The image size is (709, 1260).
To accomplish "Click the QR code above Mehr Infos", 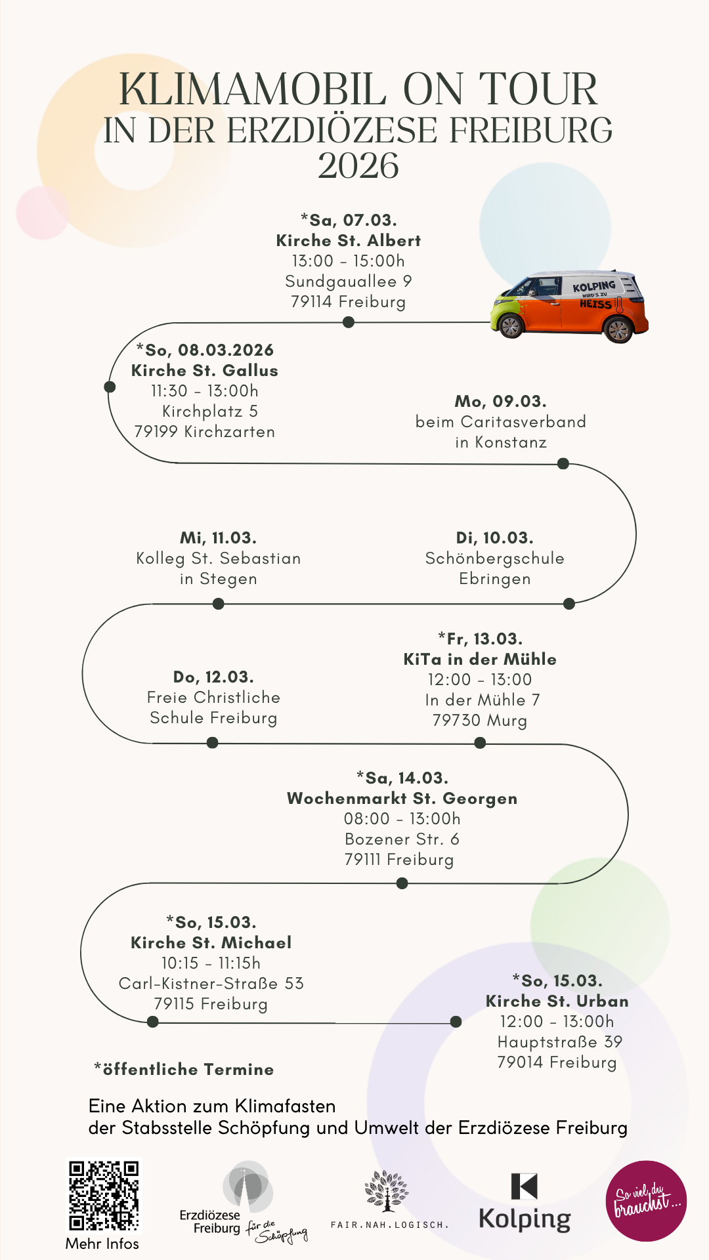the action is [104, 1196].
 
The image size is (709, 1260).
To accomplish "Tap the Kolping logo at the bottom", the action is [525, 1203].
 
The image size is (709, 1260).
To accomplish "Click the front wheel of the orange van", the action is [510, 325].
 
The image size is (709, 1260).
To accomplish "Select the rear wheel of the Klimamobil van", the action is [618, 329].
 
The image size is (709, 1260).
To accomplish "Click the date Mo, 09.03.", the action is [501, 401].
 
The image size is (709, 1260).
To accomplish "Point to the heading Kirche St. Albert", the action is [349, 241].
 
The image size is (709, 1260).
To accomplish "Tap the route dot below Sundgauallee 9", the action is [349, 322].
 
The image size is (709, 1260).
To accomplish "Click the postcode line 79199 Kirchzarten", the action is [205, 432].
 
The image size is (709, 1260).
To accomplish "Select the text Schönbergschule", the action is [495, 558].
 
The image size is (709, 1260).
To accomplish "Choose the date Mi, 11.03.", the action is [219, 538].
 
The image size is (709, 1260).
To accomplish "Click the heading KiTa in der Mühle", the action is [480, 660].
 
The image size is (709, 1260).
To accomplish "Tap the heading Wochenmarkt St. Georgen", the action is [402, 799].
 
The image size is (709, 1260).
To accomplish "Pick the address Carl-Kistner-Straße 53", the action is [211, 984].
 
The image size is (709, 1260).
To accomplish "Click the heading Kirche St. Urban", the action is [557, 1001].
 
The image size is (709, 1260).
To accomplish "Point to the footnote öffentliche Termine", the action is [184, 1070].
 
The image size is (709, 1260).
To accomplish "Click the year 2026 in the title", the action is [358, 165].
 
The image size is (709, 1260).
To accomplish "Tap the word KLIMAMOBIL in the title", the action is [252, 89].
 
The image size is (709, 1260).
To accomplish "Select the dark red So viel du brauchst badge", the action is [646, 1201].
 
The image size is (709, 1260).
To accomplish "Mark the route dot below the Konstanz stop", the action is [563, 464].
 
